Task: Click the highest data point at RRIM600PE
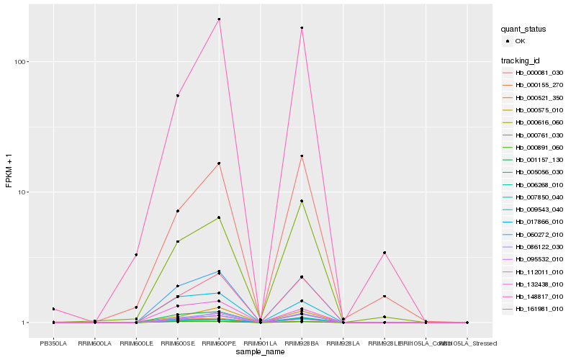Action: point(219,19)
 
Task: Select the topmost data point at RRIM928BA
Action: point(302,28)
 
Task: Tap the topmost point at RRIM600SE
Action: point(177,96)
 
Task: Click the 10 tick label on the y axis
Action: point(22,192)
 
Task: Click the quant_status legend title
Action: point(523,30)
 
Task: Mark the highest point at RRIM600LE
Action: point(135,255)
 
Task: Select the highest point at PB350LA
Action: point(53,309)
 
